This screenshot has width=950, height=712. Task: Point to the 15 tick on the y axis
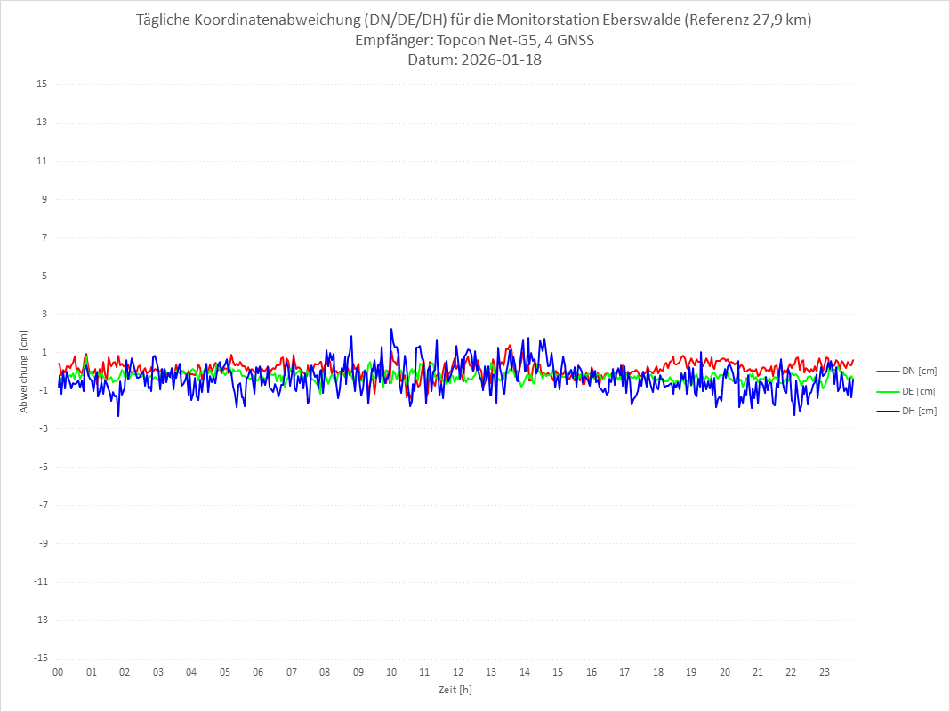42,84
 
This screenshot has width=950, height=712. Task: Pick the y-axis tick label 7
44,237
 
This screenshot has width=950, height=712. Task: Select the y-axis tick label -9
42,543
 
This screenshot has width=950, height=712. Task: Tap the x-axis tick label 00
58,672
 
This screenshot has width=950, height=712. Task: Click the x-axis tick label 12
458,672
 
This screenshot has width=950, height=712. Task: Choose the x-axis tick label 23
825,672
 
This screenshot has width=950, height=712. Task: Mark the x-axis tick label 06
258,672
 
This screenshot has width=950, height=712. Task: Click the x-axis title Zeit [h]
455,690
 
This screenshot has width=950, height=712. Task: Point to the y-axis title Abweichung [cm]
24,371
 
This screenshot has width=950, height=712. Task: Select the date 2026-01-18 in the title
502,60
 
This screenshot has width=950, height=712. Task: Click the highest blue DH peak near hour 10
391,330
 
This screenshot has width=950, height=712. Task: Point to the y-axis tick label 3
44,314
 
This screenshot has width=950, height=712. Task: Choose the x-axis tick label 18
658,672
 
